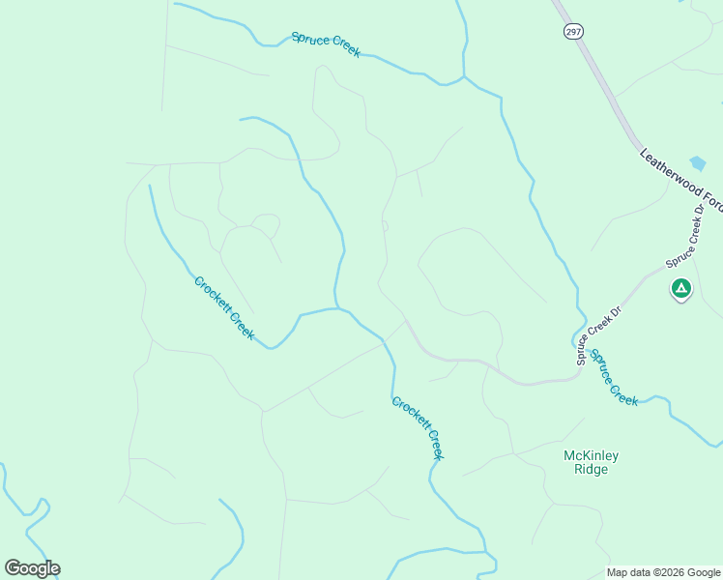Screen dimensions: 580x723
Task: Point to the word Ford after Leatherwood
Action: [x=711, y=199]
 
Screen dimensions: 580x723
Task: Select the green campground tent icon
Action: [x=681, y=288]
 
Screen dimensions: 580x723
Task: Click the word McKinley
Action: [x=591, y=455]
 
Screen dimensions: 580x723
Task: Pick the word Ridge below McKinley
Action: [x=591, y=470]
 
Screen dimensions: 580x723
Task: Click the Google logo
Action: [x=32, y=568]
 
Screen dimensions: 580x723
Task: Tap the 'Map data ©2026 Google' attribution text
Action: [x=663, y=572]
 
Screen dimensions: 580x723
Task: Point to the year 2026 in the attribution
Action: [x=671, y=572]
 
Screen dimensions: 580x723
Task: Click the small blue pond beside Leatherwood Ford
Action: [x=698, y=163]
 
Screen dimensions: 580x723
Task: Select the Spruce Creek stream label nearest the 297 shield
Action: [x=326, y=44]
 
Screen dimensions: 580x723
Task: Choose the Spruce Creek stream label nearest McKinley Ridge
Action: [x=614, y=378]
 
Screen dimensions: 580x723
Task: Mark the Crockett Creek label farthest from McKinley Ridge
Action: [x=224, y=308]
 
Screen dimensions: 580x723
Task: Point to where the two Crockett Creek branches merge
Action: [x=337, y=308]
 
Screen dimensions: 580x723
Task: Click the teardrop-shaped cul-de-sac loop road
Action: [x=266, y=226]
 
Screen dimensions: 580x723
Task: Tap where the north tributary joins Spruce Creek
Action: [x=465, y=76]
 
